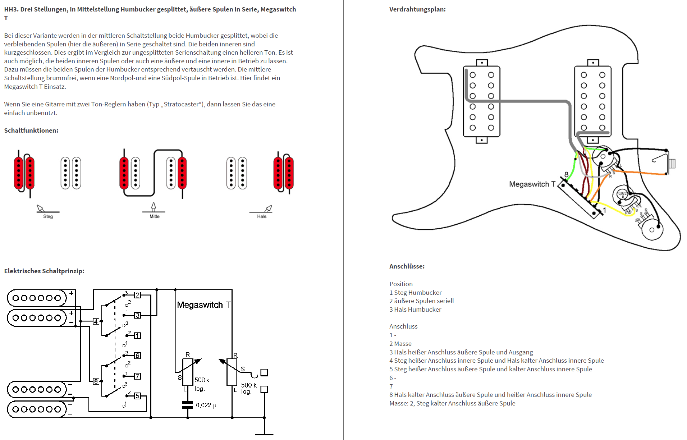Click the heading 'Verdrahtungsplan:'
click(x=417, y=9)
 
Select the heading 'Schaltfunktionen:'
click(x=31, y=130)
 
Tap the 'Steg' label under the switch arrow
click(x=48, y=216)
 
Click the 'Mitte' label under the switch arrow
click(x=154, y=216)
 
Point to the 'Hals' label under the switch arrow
click(x=261, y=216)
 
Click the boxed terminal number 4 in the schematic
click(x=96, y=321)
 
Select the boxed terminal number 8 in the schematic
click(x=96, y=381)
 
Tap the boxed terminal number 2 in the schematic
click(x=137, y=295)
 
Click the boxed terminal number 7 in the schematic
click(x=137, y=376)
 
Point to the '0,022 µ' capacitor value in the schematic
click(x=206, y=405)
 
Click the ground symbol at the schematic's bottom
click(x=264, y=434)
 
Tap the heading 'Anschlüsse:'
click(x=407, y=266)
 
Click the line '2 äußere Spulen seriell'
click(x=421, y=301)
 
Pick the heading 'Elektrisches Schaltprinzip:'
click(x=44, y=271)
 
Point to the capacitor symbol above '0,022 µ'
click(x=188, y=405)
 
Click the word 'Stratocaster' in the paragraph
click(x=181, y=104)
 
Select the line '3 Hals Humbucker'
click(x=415, y=310)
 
